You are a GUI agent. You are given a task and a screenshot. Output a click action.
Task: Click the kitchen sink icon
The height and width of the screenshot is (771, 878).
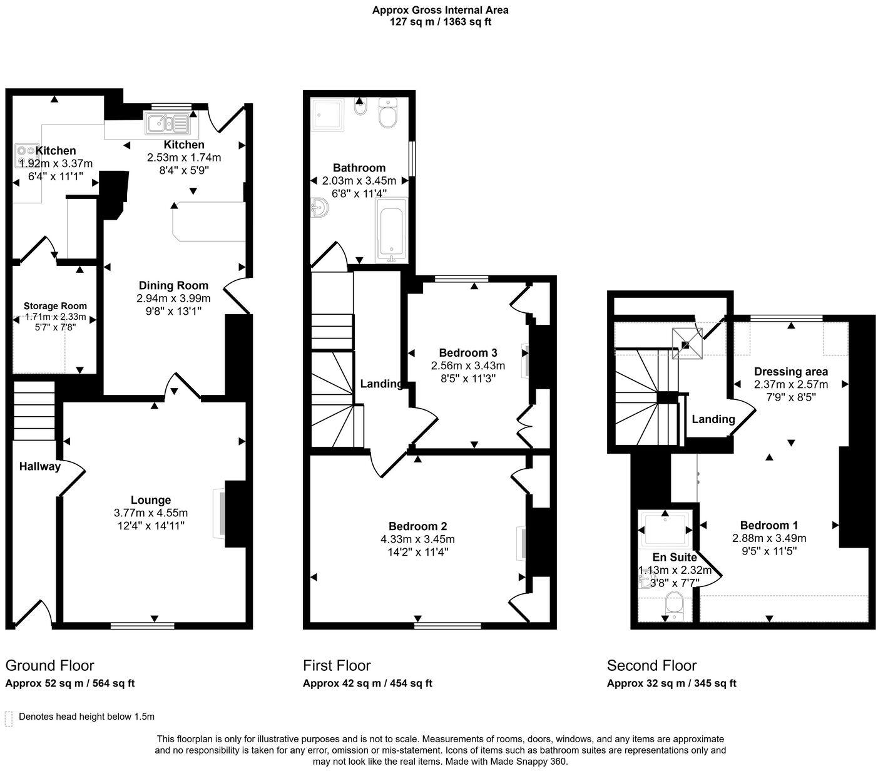tap(167, 123)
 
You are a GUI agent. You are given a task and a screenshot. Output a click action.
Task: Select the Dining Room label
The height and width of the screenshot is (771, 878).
tap(173, 285)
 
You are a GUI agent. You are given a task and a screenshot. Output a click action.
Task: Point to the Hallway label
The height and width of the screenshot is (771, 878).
tap(39, 466)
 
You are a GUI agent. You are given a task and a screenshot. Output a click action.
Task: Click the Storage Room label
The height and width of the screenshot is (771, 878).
tap(55, 306)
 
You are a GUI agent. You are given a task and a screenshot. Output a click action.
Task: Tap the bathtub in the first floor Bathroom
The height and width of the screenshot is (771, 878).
tap(391, 230)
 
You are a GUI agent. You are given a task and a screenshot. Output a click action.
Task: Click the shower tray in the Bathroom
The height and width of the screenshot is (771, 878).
tap(329, 113)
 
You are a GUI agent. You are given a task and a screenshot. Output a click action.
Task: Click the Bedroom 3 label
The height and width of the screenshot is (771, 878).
tap(467, 352)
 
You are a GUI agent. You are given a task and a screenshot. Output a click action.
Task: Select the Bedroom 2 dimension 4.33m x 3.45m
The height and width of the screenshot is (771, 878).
tap(417, 539)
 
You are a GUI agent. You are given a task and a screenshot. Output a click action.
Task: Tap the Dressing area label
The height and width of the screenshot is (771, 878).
tap(790, 372)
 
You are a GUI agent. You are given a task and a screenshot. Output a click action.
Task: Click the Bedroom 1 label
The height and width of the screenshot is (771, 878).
tap(768, 525)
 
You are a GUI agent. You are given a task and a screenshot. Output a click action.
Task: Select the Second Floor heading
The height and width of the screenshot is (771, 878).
tap(651, 665)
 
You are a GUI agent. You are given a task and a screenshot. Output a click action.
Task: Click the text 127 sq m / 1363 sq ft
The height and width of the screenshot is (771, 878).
tap(440, 22)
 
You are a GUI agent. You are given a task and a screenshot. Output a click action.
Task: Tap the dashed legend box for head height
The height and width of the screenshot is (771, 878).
tap(9, 718)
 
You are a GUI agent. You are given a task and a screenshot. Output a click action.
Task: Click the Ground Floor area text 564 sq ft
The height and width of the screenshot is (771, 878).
tap(114, 683)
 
